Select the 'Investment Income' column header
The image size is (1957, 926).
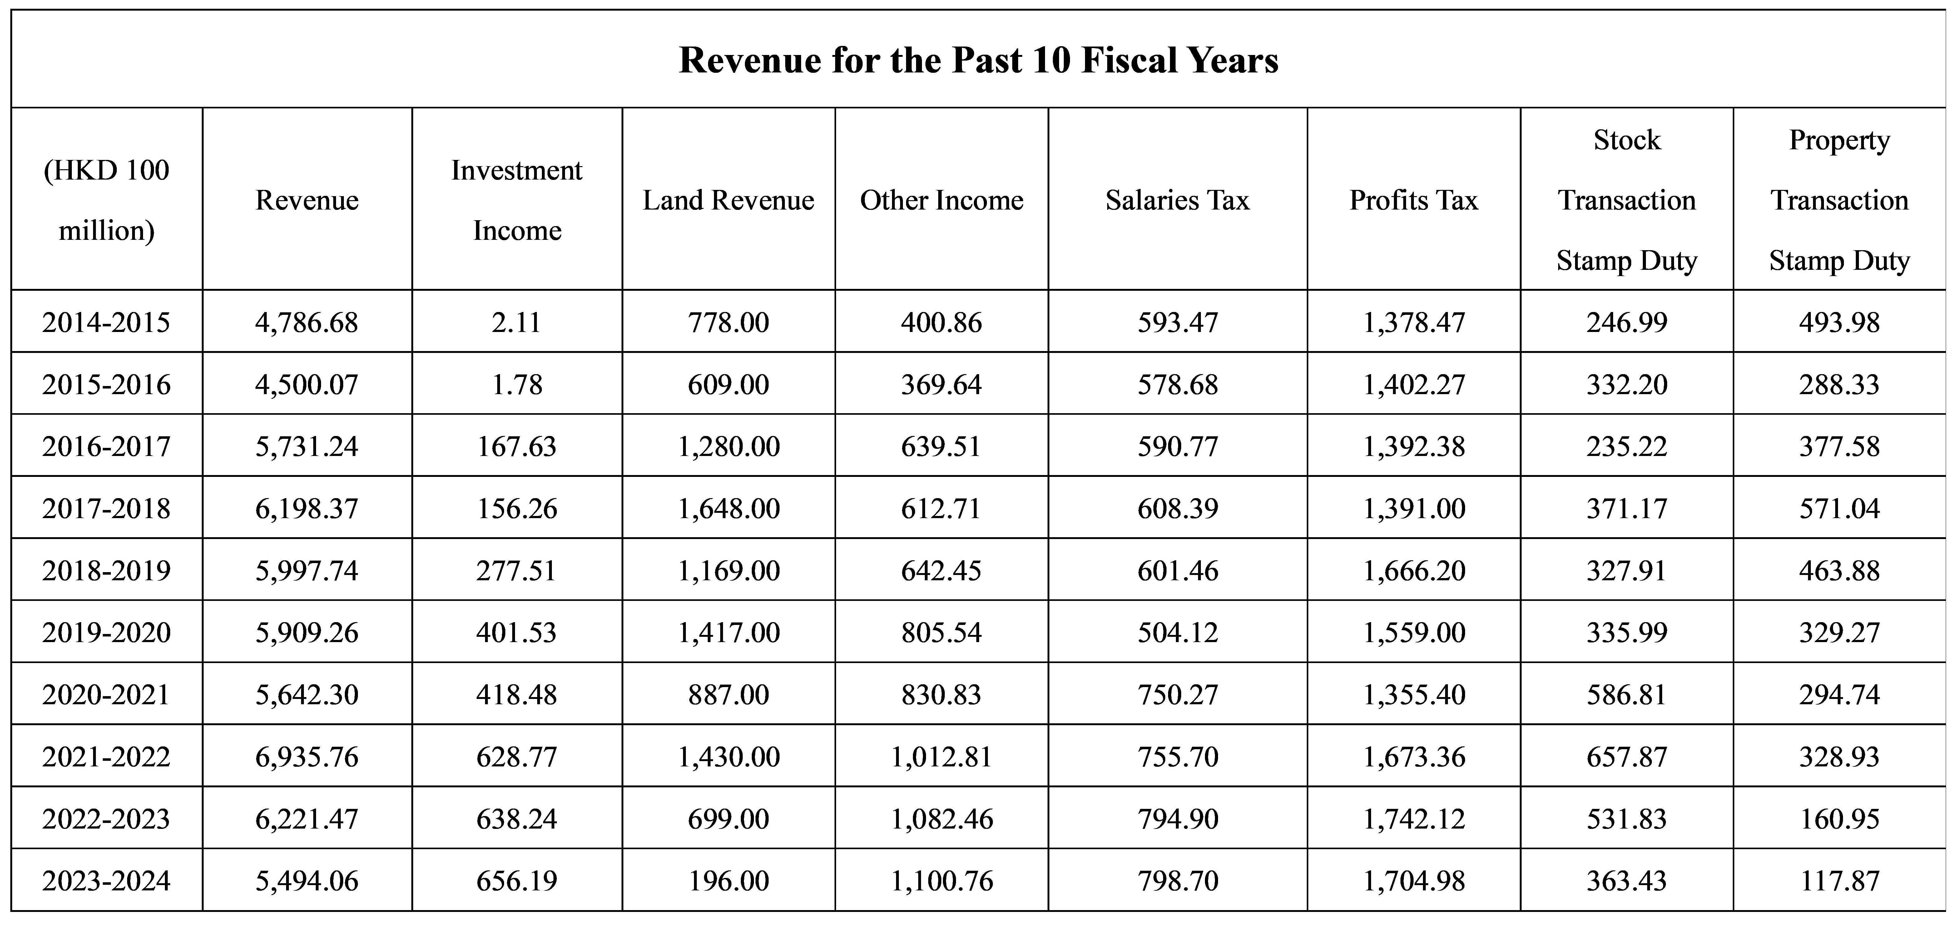point(517,200)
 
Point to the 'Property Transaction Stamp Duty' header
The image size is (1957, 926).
point(1839,200)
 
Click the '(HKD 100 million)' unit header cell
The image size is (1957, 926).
point(107,200)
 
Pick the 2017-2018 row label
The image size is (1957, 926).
point(107,508)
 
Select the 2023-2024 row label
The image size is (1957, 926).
point(107,880)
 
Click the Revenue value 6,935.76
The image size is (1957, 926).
point(307,757)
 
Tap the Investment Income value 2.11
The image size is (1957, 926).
point(517,322)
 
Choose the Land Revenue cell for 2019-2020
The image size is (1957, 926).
point(729,632)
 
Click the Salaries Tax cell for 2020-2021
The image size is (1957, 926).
point(1177,694)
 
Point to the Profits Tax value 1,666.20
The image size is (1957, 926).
point(1414,571)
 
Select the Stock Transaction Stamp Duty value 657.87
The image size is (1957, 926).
point(1627,757)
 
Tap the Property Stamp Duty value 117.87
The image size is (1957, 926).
point(1839,880)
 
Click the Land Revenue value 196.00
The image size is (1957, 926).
point(729,880)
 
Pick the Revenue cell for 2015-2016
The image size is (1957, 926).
point(307,384)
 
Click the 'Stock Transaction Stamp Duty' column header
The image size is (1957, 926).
point(1627,200)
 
